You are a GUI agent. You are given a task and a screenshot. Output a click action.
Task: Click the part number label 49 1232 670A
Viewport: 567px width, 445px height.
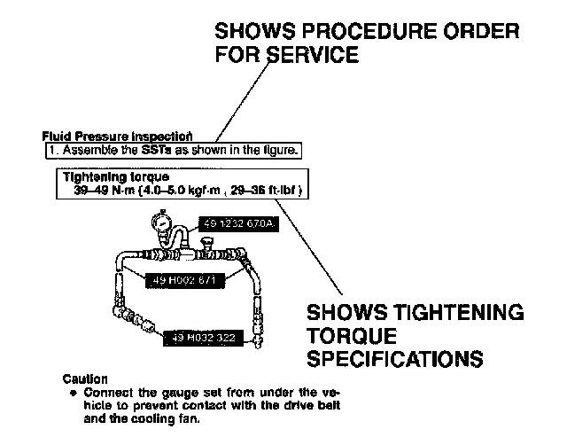(240, 226)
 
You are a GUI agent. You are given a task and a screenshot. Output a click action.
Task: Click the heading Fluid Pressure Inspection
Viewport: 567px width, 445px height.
(117, 137)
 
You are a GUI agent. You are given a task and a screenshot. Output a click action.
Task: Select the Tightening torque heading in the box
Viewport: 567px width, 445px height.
(104, 177)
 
